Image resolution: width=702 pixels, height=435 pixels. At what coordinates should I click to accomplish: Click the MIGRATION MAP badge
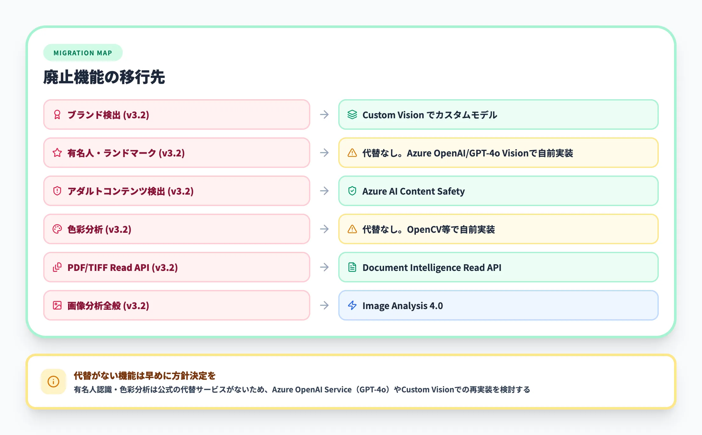tap(83, 53)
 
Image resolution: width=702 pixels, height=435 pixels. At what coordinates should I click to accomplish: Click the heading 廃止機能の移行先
tap(104, 77)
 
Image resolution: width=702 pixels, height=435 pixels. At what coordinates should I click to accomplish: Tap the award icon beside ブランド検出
tap(57, 115)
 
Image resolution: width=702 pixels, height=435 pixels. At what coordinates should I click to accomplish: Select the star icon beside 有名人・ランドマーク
tap(57, 153)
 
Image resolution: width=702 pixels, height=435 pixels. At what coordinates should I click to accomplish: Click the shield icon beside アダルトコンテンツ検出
tap(57, 191)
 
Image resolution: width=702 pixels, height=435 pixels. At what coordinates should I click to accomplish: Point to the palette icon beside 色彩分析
tap(57, 229)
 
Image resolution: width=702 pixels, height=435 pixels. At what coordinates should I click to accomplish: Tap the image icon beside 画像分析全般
tap(57, 306)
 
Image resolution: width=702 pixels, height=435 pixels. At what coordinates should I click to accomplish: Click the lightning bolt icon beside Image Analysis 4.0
tap(352, 306)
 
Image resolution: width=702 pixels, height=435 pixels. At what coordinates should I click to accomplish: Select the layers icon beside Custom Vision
tap(352, 115)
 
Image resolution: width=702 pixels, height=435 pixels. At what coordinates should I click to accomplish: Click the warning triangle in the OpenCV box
tap(352, 229)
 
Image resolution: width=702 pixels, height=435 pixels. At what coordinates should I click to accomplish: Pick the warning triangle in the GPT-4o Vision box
tap(352, 153)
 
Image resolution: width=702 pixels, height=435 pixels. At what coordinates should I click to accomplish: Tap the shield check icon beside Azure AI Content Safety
tap(352, 191)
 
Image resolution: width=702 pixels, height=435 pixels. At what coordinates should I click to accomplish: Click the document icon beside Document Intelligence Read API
tap(352, 267)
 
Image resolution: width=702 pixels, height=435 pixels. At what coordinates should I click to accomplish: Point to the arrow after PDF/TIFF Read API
tap(324, 267)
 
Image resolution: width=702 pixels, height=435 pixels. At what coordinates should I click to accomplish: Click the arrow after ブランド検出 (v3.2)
tap(324, 115)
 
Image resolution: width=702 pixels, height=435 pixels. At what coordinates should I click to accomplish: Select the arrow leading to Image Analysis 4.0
tap(324, 306)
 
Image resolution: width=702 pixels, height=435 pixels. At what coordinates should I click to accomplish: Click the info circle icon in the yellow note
tap(53, 382)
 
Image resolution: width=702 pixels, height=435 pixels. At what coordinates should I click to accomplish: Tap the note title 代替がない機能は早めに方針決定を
tap(145, 376)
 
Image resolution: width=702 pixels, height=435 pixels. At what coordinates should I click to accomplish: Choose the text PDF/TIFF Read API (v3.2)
tap(122, 268)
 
